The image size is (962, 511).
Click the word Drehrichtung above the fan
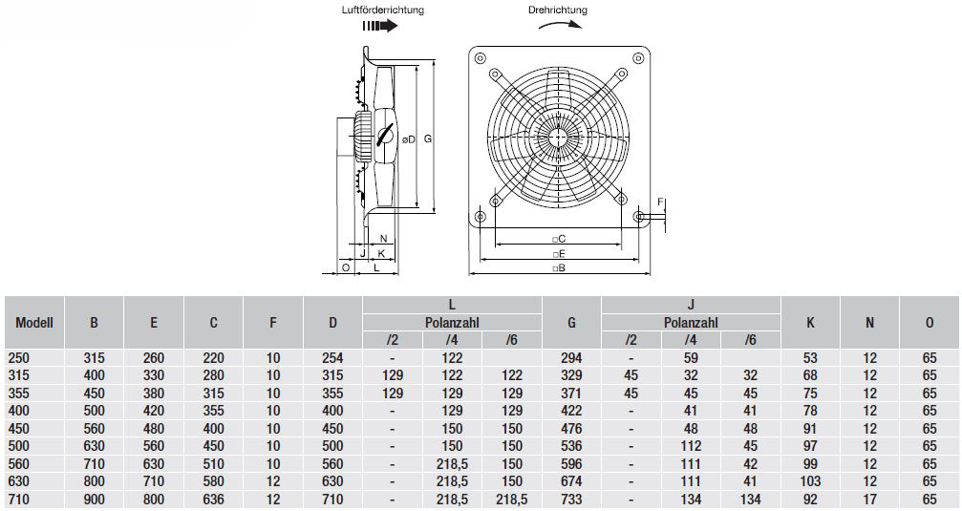[558, 10]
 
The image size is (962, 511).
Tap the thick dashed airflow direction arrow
[380, 26]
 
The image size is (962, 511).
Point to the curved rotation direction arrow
[560, 23]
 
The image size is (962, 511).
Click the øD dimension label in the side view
[409, 139]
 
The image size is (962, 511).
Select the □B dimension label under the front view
[558, 268]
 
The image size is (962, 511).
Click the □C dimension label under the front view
[558, 239]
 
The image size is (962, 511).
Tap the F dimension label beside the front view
[660, 202]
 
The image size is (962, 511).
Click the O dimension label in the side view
[346, 267]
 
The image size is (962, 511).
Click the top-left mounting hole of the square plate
[480, 58]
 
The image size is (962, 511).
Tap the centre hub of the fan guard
[558, 137]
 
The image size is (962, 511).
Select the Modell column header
[34, 323]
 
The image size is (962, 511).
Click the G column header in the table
[571, 323]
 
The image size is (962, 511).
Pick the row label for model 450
[20, 428]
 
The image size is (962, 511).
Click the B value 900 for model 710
[94, 500]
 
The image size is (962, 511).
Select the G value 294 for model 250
[571, 358]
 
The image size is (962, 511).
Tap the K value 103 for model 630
[810, 481]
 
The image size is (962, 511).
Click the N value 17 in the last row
[869, 500]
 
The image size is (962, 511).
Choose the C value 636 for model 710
[213, 500]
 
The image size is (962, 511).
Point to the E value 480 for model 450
[154, 428]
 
